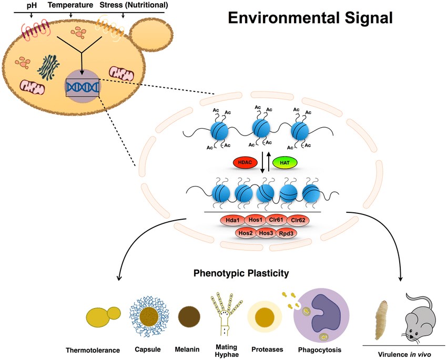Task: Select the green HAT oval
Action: point(285,163)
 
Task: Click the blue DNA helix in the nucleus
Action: point(82,87)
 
